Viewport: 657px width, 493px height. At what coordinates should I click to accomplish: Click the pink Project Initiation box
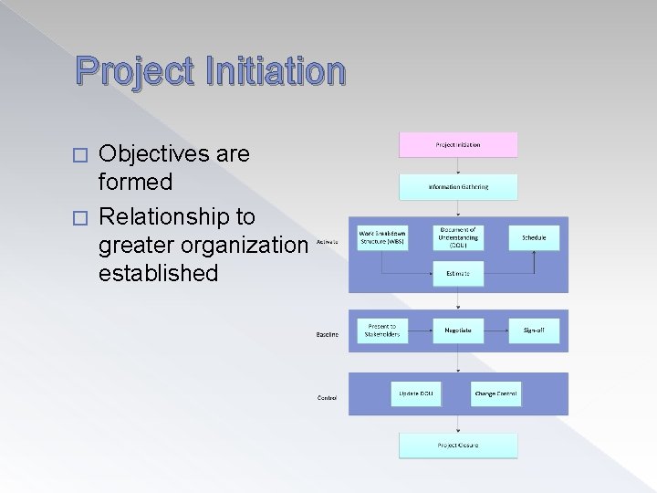point(458,144)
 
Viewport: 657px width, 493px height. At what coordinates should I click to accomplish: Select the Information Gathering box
point(458,186)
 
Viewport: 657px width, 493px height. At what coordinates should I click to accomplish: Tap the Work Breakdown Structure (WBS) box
point(382,237)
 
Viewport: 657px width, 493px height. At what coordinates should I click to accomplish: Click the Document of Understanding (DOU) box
point(458,237)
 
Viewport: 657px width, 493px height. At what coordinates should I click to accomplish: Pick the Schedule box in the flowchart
point(534,237)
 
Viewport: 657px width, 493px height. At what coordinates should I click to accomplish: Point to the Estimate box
point(458,273)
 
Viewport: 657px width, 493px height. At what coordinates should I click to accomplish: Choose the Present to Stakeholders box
point(382,330)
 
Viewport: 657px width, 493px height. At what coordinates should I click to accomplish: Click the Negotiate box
point(458,330)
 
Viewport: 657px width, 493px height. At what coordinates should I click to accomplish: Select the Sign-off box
point(534,330)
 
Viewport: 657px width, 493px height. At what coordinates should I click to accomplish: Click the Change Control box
point(495,393)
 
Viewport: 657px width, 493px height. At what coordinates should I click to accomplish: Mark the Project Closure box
point(458,446)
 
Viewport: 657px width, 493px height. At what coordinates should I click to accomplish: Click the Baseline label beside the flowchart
point(328,334)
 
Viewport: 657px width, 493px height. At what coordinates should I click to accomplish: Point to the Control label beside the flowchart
point(327,398)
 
